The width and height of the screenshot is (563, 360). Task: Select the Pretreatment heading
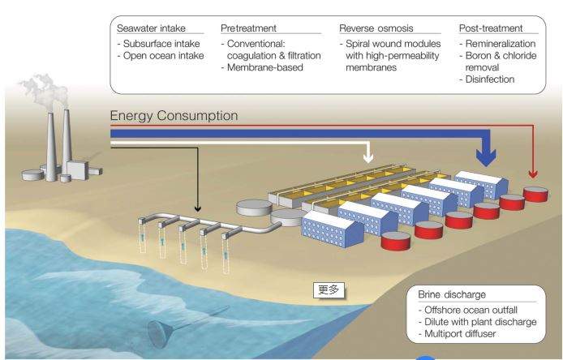pyautogui.click(x=248, y=28)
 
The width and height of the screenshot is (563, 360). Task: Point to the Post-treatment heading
pyautogui.click(x=491, y=28)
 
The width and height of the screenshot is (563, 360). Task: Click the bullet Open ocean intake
pyautogui.click(x=161, y=55)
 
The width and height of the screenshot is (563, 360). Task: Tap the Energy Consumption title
pyautogui.click(x=174, y=116)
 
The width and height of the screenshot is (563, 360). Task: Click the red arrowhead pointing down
pyautogui.click(x=533, y=174)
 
